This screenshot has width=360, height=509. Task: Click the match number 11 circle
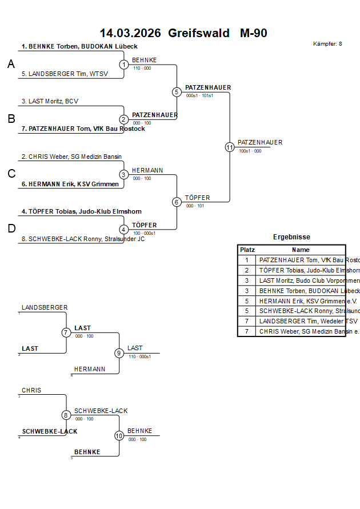click(230, 147)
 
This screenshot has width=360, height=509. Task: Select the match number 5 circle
click(177, 92)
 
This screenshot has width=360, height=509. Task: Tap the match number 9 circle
click(119, 353)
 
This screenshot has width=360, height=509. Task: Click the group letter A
click(11, 65)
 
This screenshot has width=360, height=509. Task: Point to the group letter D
click(11, 229)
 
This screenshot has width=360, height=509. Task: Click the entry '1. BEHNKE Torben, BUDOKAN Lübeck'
click(79, 46)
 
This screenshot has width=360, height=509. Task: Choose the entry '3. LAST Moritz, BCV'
click(50, 101)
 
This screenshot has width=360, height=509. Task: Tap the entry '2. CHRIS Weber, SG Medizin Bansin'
click(71, 157)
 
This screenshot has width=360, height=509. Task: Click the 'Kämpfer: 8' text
click(327, 44)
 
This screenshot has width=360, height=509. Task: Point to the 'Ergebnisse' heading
click(291, 237)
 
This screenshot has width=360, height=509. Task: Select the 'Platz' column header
click(247, 250)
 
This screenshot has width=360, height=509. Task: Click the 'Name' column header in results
click(301, 250)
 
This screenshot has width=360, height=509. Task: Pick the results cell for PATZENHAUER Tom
click(301, 260)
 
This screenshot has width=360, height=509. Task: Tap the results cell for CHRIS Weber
click(301, 332)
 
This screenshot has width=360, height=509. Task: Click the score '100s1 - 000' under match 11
click(250, 151)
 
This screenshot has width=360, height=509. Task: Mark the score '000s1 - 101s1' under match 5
click(199, 96)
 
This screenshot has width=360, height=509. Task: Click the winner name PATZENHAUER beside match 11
click(260, 142)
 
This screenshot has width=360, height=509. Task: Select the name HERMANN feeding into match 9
click(90, 369)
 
